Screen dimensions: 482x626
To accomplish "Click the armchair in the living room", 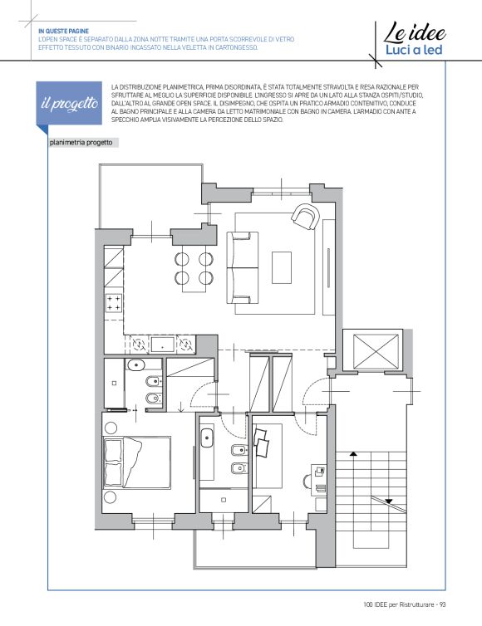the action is pos(306,216).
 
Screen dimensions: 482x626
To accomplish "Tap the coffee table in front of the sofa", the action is pos(282,267).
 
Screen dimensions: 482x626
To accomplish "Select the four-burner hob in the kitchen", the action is pos(113,303).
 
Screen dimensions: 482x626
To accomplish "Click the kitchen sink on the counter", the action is pos(162,345).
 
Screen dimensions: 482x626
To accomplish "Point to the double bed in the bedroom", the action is pos(137,462).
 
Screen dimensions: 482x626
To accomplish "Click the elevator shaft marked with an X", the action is pos(376,352).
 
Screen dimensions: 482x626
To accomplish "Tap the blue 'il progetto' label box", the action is pos(69,104).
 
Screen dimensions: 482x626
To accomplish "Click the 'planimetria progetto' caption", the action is pos(81,143).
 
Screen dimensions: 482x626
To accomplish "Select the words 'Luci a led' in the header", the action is pos(414,50).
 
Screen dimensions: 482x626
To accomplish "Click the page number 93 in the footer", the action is pos(442,604).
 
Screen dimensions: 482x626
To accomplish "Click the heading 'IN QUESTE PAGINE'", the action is pos(63,32).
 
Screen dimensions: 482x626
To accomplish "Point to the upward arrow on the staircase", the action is pos(353,454).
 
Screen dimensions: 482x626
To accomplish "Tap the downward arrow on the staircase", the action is pos(389,501).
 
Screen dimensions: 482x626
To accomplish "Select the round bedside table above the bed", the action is pos(111,428).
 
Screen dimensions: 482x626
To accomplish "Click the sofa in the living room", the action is pos(243,267).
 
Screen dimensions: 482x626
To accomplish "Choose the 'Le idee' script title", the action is pos(415,32).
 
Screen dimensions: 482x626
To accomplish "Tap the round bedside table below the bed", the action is pos(110,497).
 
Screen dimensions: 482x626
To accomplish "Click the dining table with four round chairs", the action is pos(194,269).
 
